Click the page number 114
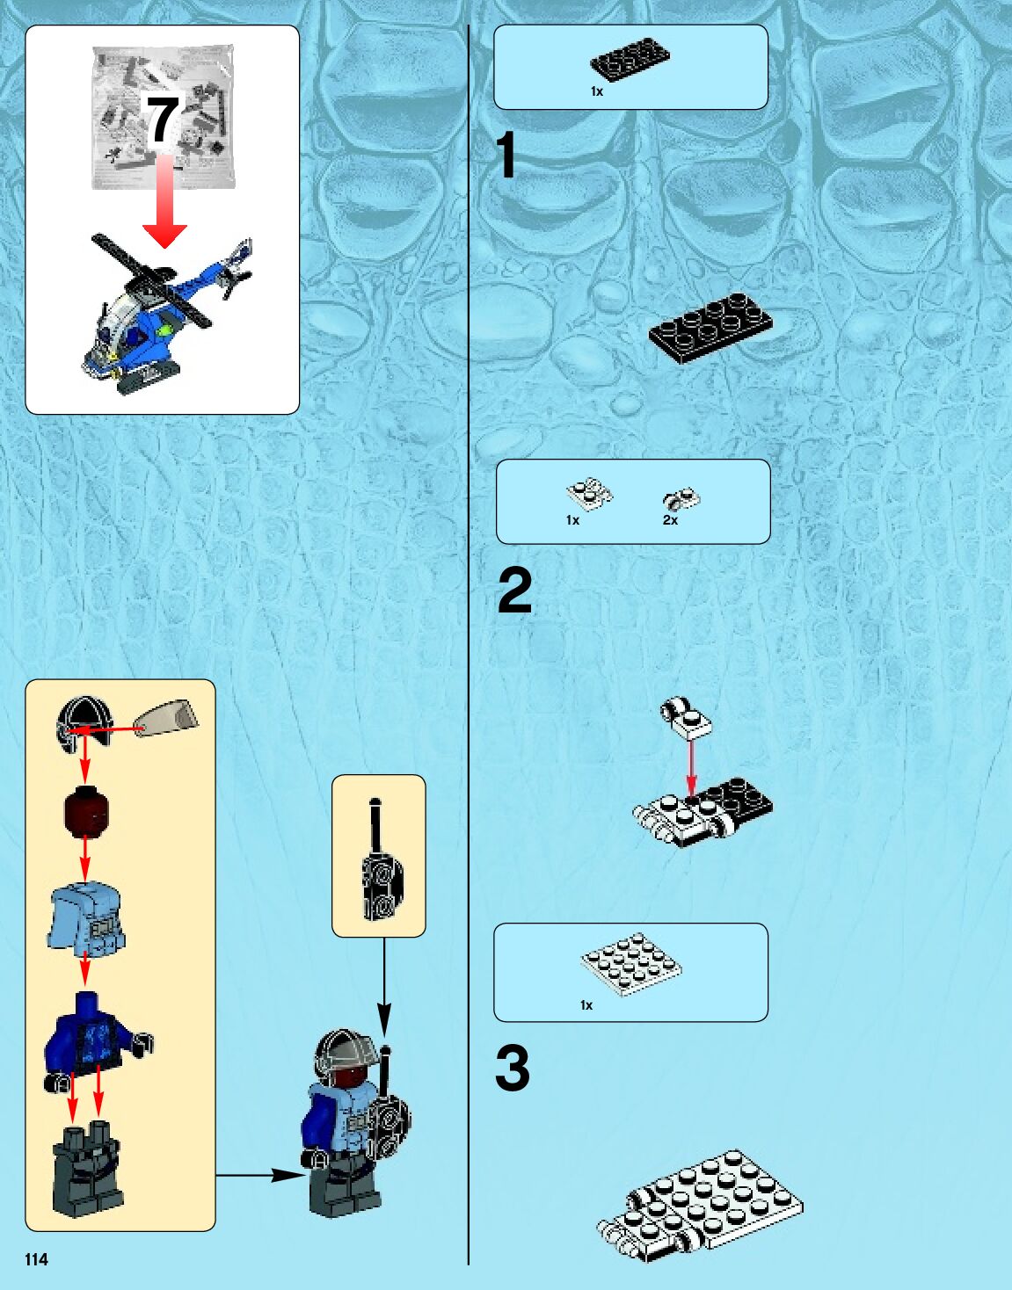click(x=36, y=1259)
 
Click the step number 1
click(x=506, y=156)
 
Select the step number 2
click(x=515, y=591)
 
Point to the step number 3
click(x=513, y=1068)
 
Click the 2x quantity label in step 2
click(x=670, y=520)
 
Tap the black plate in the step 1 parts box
click(x=629, y=62)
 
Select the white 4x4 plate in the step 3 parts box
click(x=630, y=964)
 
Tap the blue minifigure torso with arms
click(x=91, y=1035)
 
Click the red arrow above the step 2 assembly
click(x=692, y=767)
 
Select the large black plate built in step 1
click(x=711, y=327)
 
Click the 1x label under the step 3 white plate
click(x=586, y=1005)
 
